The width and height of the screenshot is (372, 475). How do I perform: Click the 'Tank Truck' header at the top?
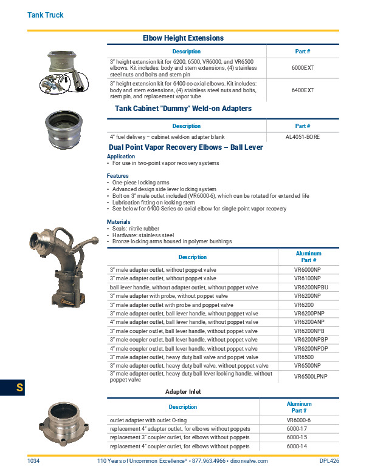coord(46,15)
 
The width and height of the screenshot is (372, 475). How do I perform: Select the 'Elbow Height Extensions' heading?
coord(183,38)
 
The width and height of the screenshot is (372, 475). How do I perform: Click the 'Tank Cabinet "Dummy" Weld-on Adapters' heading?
coord(183,109)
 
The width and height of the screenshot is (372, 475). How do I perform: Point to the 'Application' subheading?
coord(121,157)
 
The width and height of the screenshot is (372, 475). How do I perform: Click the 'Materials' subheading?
coord(119,222)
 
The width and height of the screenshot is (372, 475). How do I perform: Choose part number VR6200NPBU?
coord(311,287)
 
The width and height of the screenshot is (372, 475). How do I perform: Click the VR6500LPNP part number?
coord(311,377)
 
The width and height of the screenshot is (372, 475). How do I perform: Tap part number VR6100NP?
coord(308,278)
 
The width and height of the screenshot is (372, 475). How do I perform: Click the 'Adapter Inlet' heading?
coord(183,392)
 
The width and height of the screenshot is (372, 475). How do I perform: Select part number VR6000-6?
coord(298,420)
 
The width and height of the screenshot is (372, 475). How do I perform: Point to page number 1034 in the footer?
coord(34,461)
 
